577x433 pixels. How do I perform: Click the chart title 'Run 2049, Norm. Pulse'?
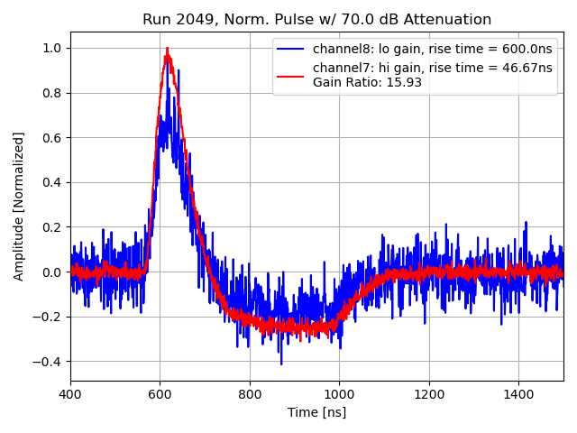pos(316,20)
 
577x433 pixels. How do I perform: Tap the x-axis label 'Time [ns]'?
pos(316,412)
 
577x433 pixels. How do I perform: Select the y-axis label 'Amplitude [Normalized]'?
pos(19,207)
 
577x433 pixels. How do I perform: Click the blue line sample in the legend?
pos(293,50)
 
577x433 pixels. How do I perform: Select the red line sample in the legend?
pos(293,75)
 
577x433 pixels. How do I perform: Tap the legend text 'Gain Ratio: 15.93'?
pos(367,83)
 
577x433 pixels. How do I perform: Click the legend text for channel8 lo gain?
pos(432,50)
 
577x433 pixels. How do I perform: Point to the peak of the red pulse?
pos(167,51)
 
